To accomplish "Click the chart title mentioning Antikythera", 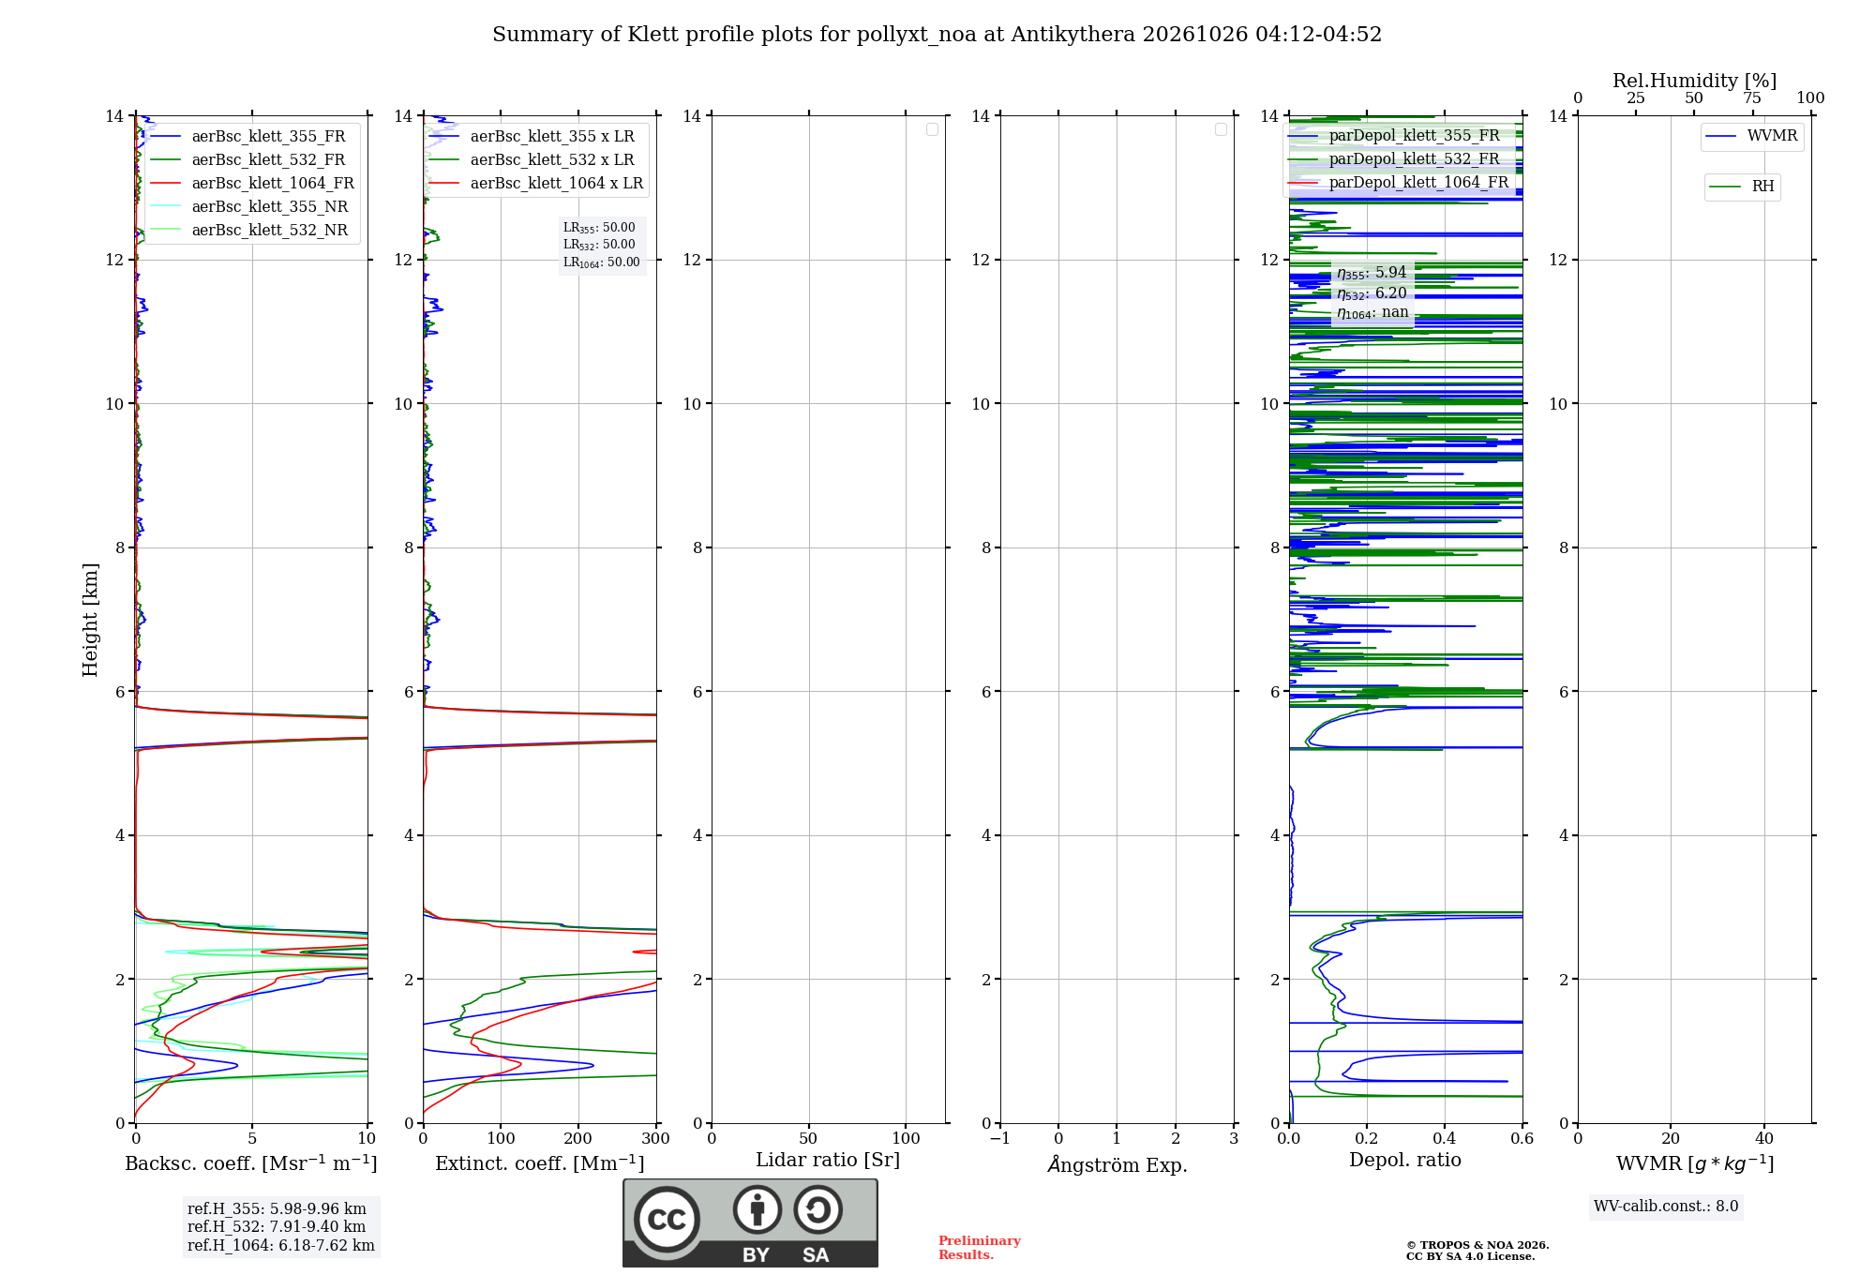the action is point(937,35).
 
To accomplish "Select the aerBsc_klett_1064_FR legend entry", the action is point(252,183).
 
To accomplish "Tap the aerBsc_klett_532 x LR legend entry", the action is point(532,159).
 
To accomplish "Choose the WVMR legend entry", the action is point(1751,136).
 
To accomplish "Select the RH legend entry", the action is point(1741,187).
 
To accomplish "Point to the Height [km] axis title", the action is point(90,620).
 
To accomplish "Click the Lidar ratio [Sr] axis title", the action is point(828,1161).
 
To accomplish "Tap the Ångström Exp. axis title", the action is point(1117,1164).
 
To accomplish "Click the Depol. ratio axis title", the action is point(1405,1161).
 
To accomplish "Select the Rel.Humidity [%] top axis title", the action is point(1695,81).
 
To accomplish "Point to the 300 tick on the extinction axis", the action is point(655,1139).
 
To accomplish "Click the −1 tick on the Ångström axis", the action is point(999,1139).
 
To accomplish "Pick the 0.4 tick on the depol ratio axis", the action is point(1445,1139).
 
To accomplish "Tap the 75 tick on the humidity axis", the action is point(1752,98).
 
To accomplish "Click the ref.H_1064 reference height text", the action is point(281,1246).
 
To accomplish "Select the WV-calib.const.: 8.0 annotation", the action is point(1666,1207).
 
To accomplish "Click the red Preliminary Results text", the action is point(980,1248).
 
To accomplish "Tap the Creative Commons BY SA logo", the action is point(750,1222).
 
